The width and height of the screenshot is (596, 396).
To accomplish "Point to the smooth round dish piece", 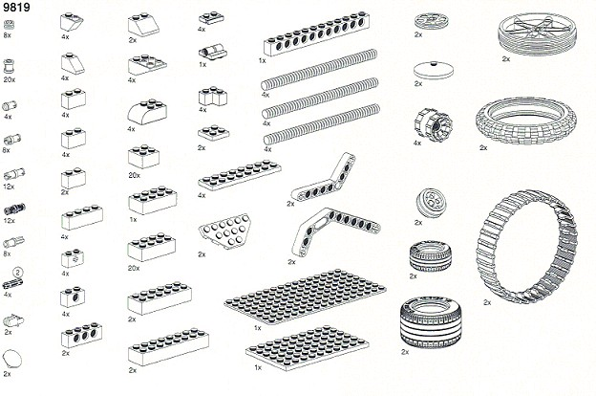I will pyautogui.click(x=429, y=69).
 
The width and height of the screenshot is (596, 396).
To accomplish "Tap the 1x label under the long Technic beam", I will pyautogui.click(x=262, y=60).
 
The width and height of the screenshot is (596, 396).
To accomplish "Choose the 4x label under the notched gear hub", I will pyautogui.click(x=418, y=143).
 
